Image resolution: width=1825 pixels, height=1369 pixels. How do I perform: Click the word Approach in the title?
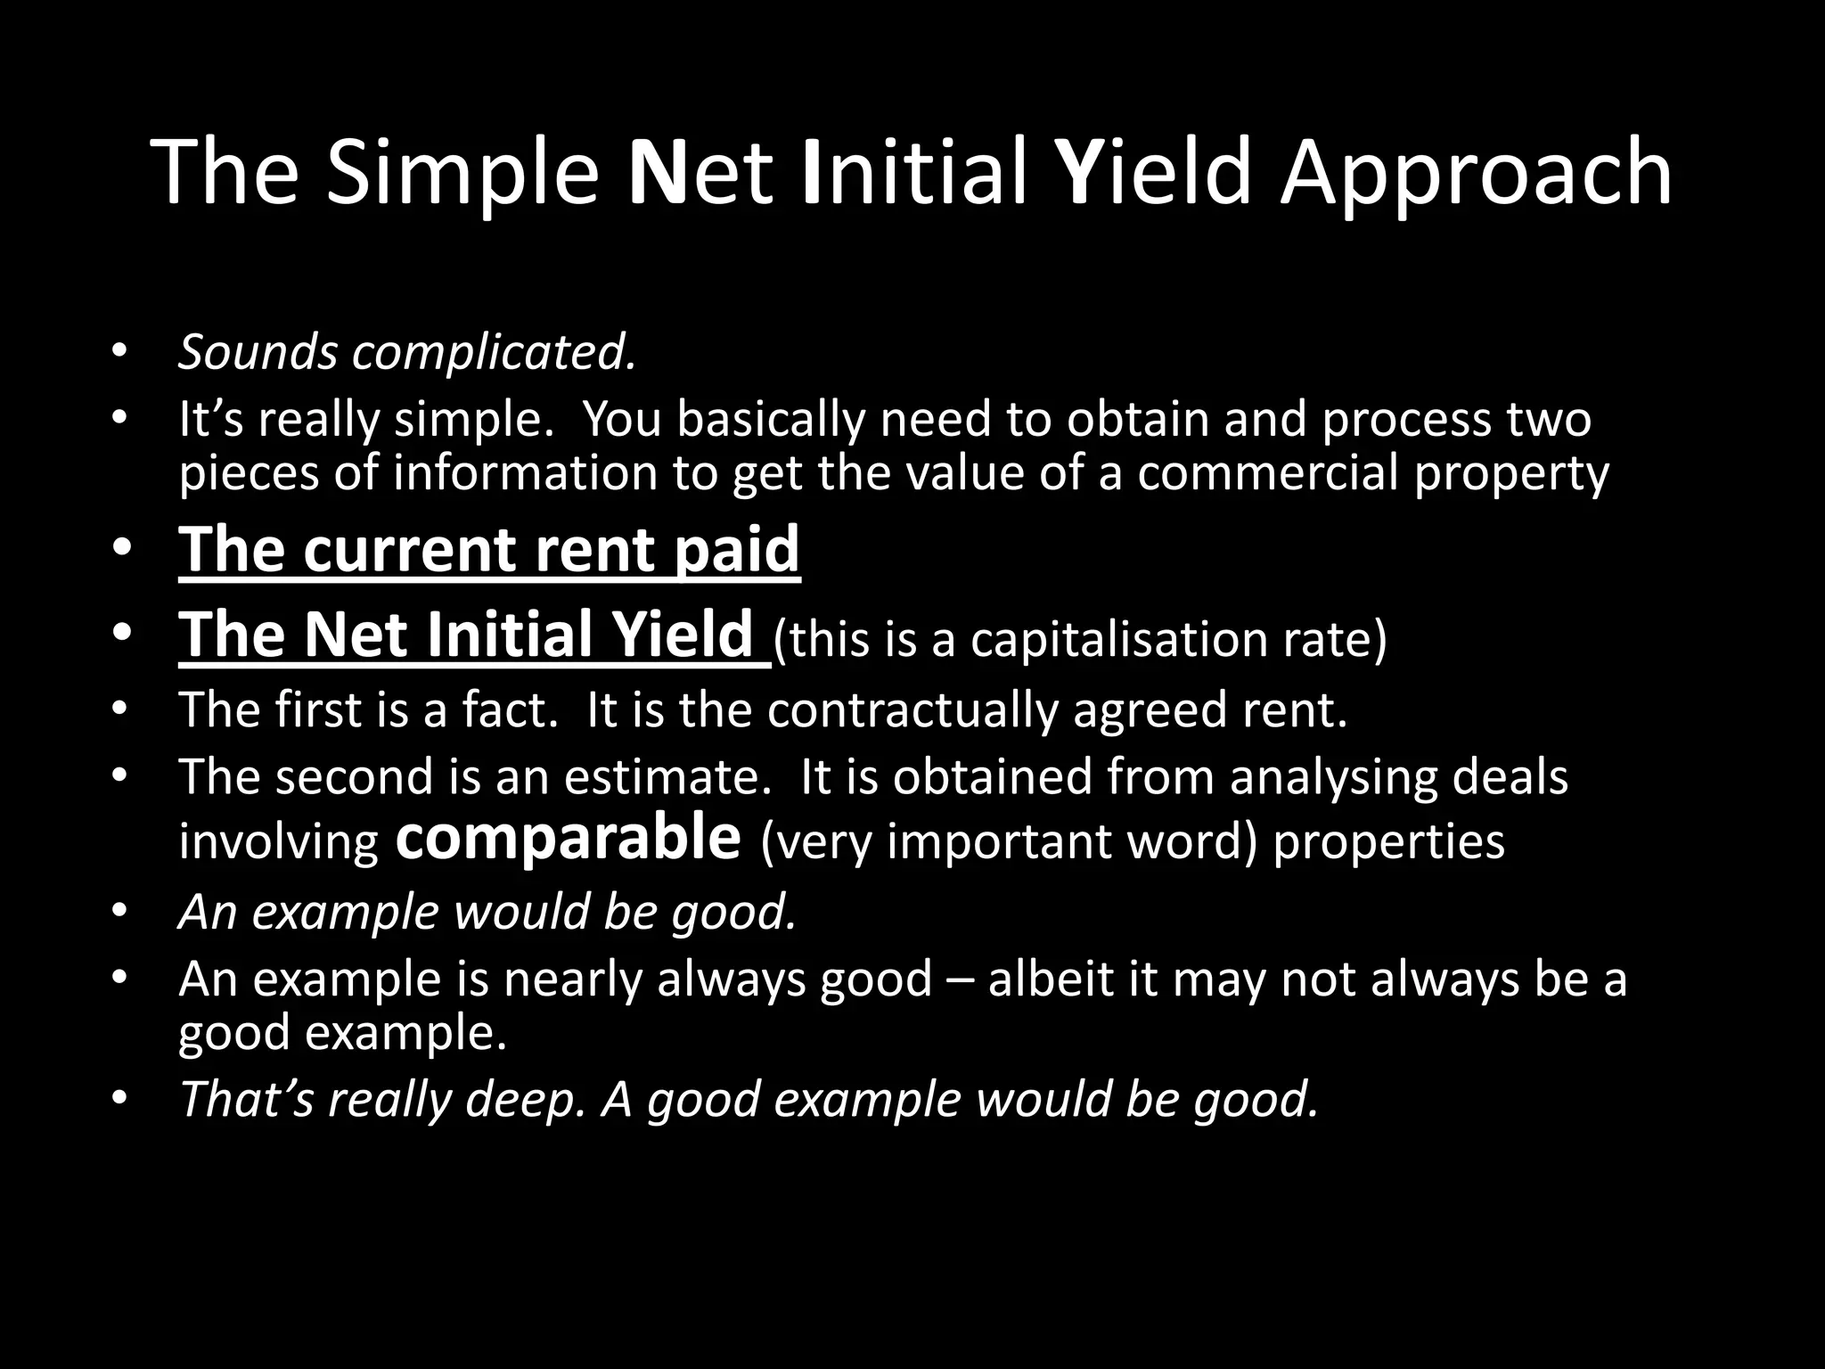1476,174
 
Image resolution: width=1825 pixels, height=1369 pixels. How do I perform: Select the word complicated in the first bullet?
495,353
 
